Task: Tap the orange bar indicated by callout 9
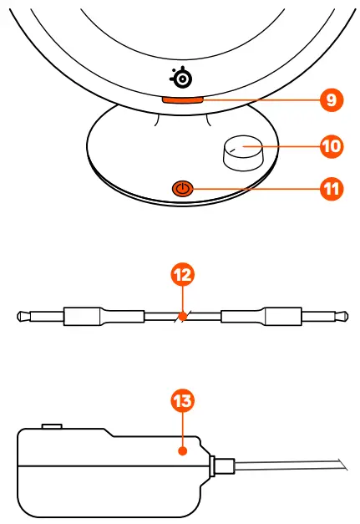click(x=181, y=99)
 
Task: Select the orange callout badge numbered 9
click(x=332, y=99)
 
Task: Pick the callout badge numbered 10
click(x=332, y=146)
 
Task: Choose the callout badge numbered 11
click(x=332, y=189)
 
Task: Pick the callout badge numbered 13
click(x=181, y=400)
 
